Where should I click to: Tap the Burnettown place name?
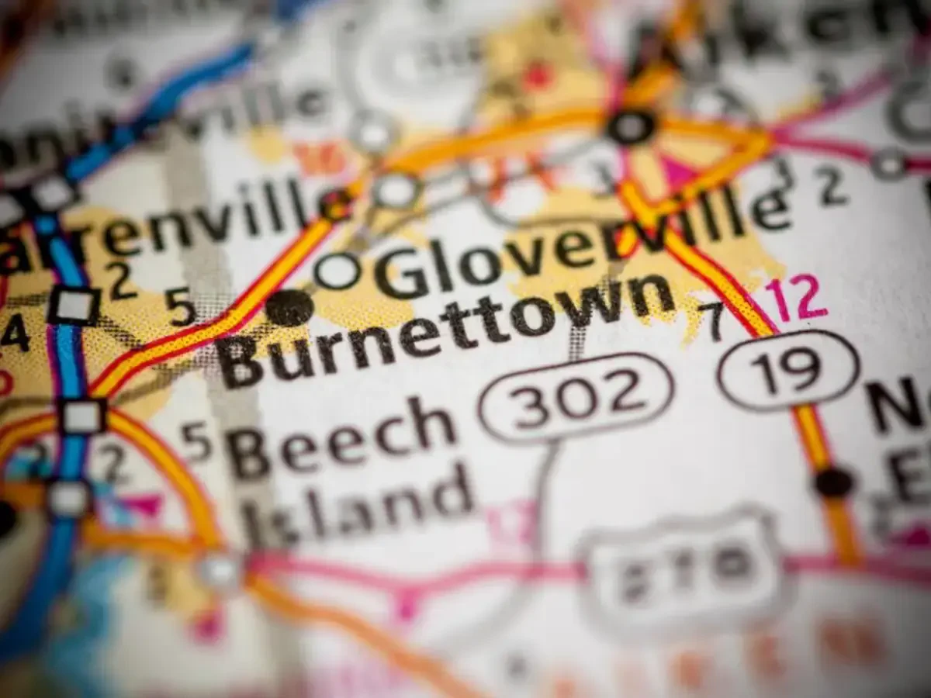coord(442,330)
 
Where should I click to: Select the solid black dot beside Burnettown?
coord(289,307)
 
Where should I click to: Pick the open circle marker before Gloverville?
coord(338,271)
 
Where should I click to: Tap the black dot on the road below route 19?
coord(834,482)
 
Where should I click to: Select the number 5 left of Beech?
coord(196,441)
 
